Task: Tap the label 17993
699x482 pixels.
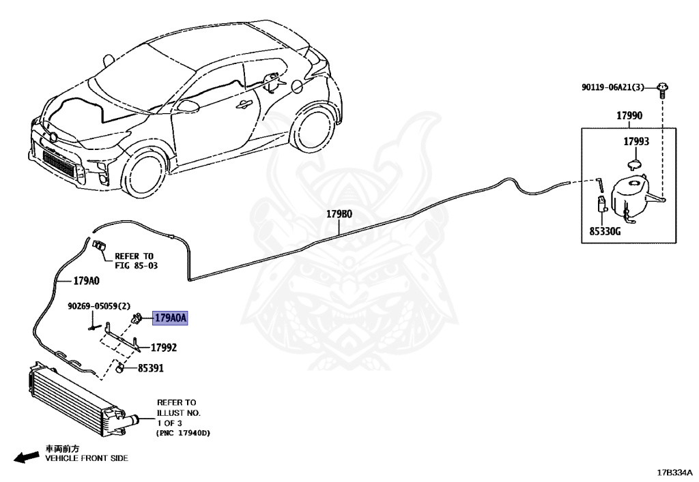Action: [x=636, y=142]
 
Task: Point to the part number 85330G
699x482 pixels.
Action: [x=605, y=232]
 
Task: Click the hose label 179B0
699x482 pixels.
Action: [x=339, y=214]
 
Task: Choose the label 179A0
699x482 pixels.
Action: [x=86, y=281]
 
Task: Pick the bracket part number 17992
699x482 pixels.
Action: [x=164, y=348]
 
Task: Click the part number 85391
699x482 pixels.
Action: [x=150, y=369]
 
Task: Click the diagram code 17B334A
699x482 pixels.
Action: [x=674, y=472]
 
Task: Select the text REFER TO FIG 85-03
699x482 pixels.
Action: [x=136, y=260]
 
